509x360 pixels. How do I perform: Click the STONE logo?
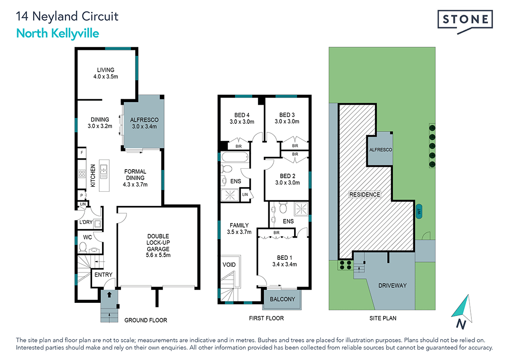point(465,20)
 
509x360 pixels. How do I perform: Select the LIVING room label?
point(106,70)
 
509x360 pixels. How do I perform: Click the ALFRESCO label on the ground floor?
point(143,120)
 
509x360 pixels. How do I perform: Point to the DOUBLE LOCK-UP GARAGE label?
point(158,242)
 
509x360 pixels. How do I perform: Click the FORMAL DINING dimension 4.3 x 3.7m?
point(135,185)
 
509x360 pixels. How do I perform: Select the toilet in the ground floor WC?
point(83,247)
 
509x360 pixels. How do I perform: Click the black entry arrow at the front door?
point(109,295)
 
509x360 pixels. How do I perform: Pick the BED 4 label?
point(242,115)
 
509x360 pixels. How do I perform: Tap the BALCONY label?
point(282,299)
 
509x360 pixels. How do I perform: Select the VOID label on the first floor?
point(229,264)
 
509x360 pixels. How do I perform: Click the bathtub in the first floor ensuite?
point(235,158)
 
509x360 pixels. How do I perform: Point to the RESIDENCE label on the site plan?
point(364,195)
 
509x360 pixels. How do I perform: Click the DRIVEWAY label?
point(393,285)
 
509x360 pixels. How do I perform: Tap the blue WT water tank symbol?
point(419,211)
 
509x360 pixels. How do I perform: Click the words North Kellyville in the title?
point(57,33)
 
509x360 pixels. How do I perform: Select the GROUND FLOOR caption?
point(145,320)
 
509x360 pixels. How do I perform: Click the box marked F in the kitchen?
point(82,153)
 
